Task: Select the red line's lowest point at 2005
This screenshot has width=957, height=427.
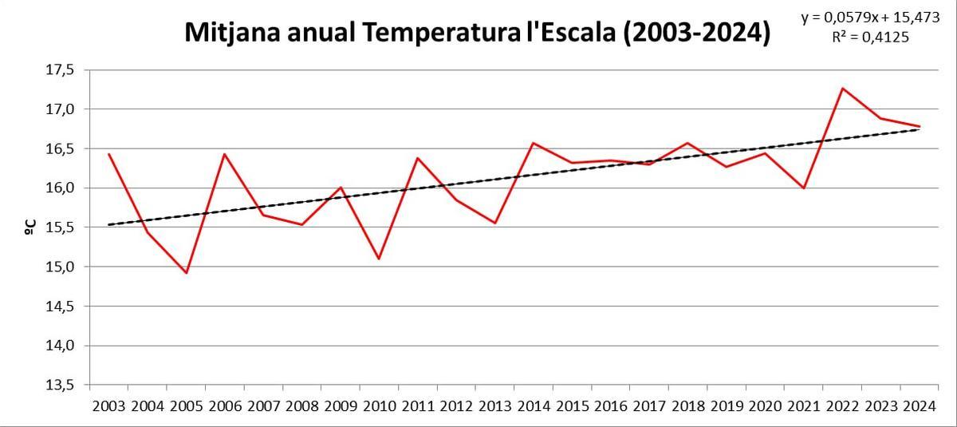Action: pos(187,273)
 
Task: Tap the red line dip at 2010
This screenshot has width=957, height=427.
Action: pos(379,259)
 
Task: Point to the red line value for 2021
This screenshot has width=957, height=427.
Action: pos(804,188)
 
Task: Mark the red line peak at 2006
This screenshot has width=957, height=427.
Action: pos(225,154)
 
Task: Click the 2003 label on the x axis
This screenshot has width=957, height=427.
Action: pos(108,406)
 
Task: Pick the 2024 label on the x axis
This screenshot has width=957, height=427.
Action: pos(920,406)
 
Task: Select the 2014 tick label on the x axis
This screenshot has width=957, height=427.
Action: pos(534,406)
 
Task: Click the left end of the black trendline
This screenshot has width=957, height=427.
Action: pos(109,224)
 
